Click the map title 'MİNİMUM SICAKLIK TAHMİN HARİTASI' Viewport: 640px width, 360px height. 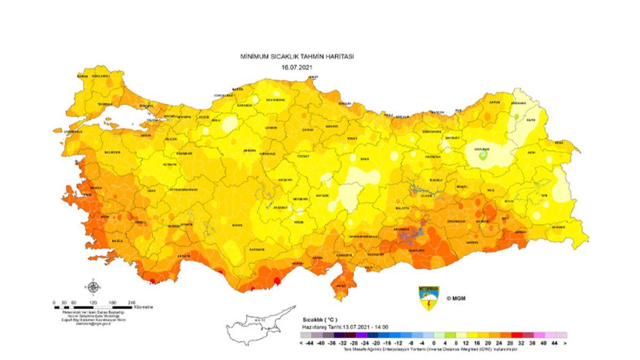coord(298,56)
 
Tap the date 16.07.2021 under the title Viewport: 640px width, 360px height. coord(297,67)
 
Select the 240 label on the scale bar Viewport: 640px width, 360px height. coord(131,302)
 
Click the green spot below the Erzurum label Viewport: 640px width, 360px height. coord(483,155)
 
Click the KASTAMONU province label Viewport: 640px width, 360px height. coord(276,100)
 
